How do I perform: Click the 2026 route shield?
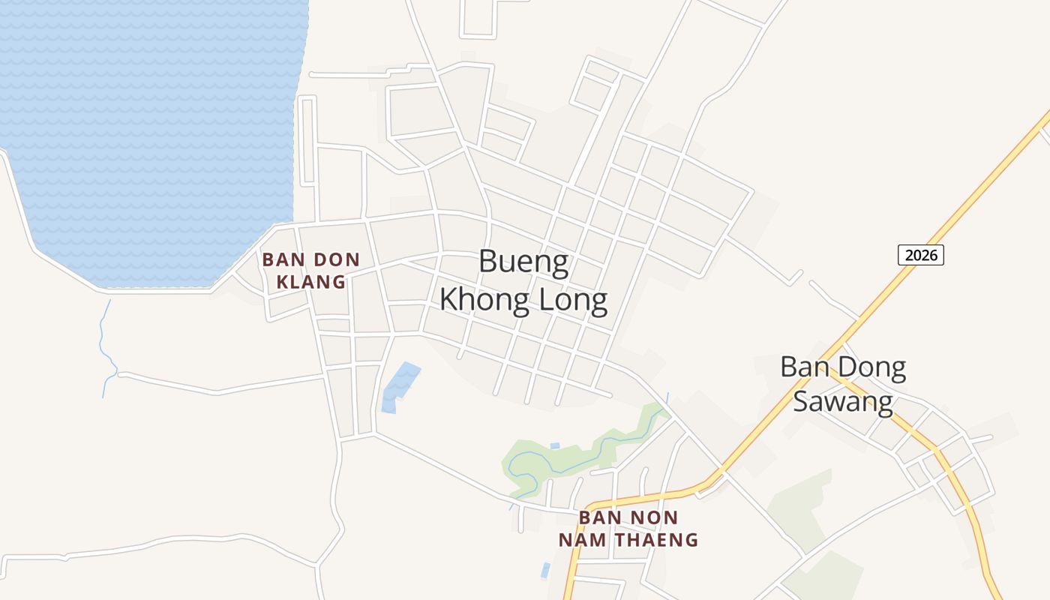920,255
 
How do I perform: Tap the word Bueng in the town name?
523,262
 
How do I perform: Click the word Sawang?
842,402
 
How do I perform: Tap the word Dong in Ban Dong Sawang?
871,367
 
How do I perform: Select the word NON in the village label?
655,518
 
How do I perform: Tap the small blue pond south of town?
398,385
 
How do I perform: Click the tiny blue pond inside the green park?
554,446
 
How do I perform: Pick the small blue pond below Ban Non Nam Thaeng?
545,570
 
